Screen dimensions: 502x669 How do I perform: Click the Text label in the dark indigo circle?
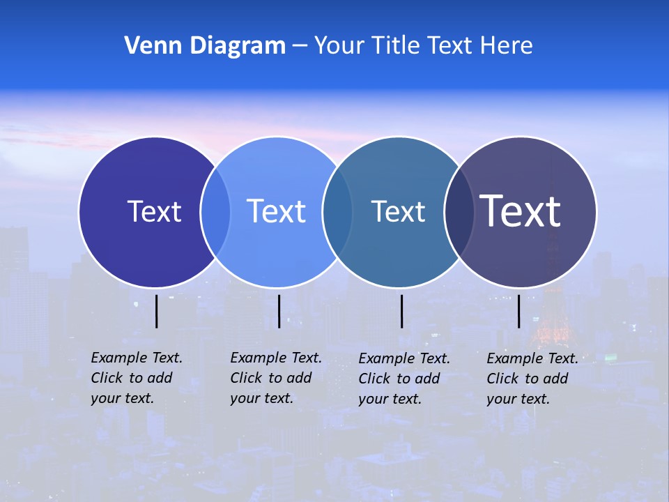(154, 211)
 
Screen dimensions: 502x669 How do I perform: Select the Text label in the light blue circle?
(276, 211)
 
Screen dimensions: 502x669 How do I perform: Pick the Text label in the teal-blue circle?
(398, 211)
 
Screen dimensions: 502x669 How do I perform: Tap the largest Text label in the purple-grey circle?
(520, 211)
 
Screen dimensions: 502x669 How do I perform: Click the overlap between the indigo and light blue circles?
(215, 211)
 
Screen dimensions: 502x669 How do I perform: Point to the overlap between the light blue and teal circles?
(337, 211)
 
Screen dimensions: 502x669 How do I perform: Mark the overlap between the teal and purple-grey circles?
(459, 211)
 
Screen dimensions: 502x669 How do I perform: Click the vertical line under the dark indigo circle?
(157, 311)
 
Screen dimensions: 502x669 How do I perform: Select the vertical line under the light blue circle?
(279, 311)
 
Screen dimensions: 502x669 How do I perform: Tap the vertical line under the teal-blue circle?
(402, 311)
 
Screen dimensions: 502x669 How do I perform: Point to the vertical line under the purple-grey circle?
(518, 311)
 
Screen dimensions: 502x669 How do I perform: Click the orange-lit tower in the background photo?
(550, 321)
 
